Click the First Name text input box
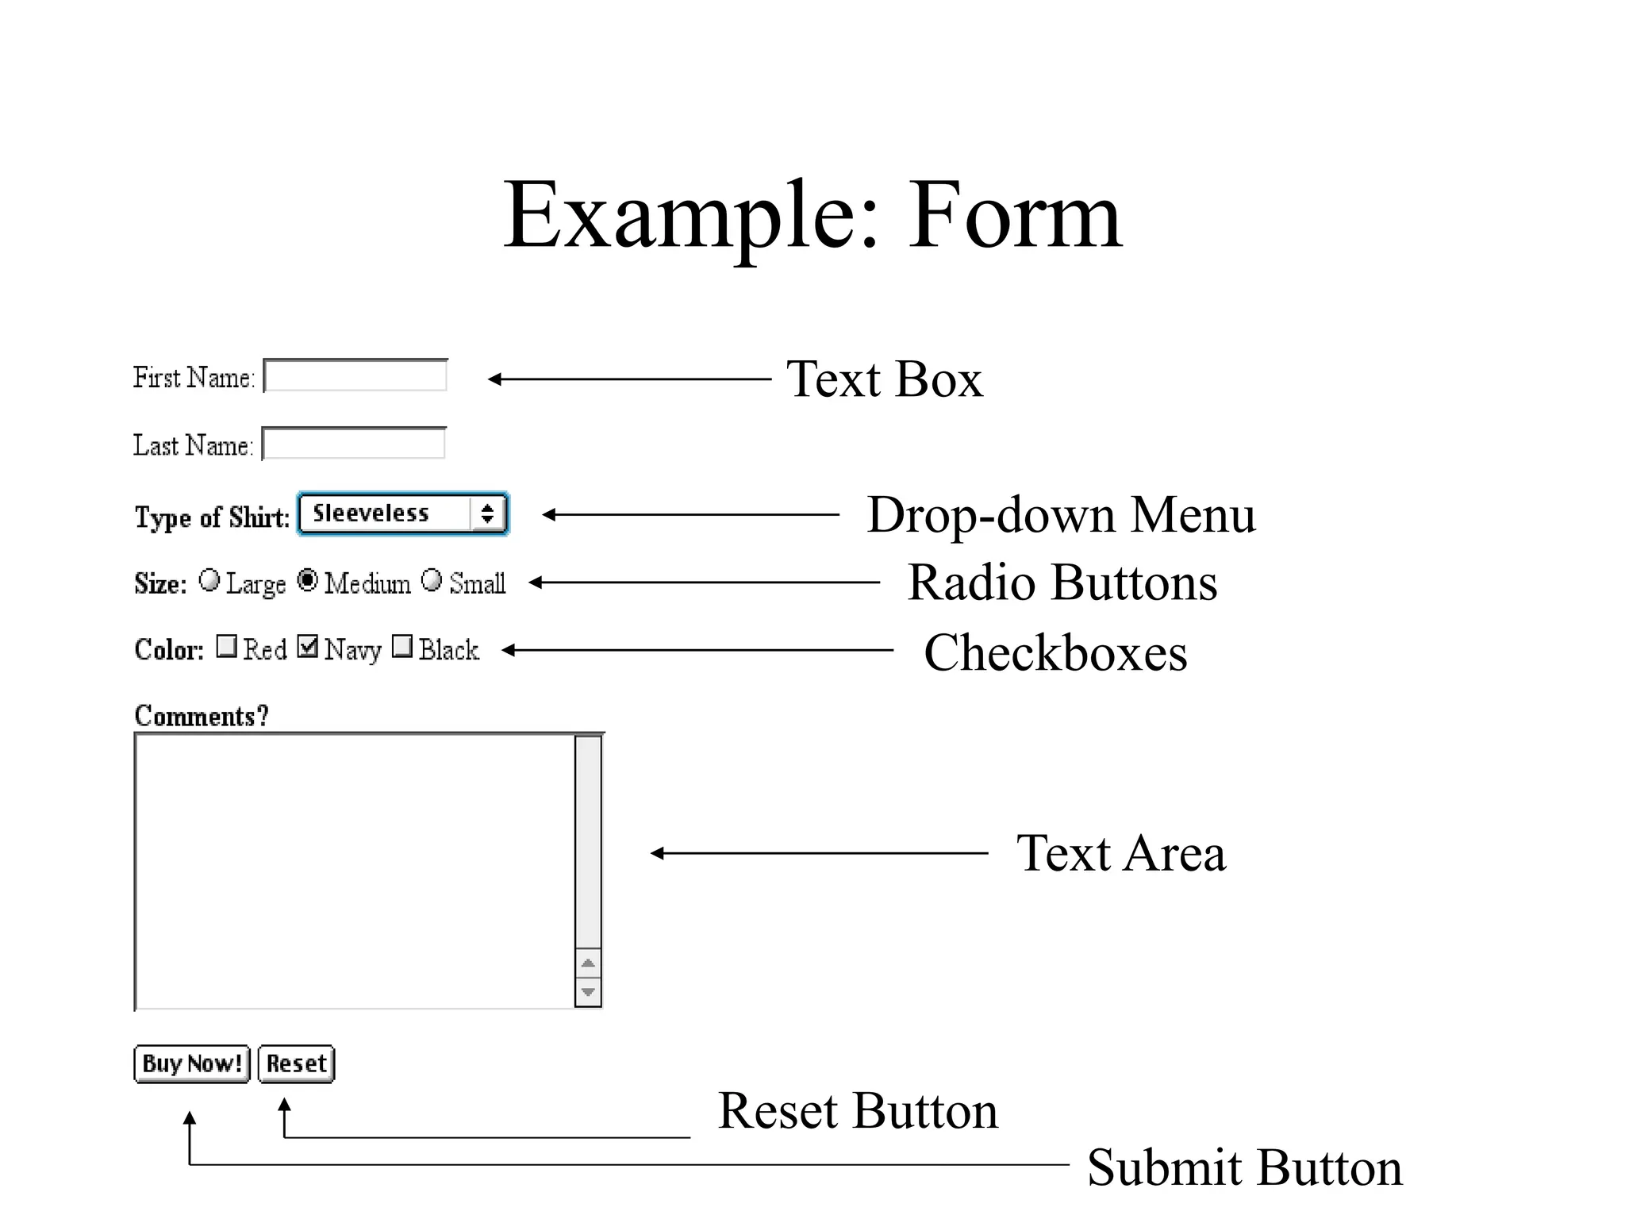355,376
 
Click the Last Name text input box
354,444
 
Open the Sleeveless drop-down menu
403,514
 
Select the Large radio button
209,581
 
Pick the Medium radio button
308,581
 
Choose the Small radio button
432,581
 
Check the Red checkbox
227,647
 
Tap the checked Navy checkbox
308,647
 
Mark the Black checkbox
403,647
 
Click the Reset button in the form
296,1063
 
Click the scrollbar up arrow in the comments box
588,963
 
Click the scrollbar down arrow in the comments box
588,992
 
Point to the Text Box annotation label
884,379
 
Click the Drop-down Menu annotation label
1061,515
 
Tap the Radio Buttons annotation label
1062,583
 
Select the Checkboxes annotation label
1055,652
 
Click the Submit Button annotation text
1244,1167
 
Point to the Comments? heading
202,716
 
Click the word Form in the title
1015,216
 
